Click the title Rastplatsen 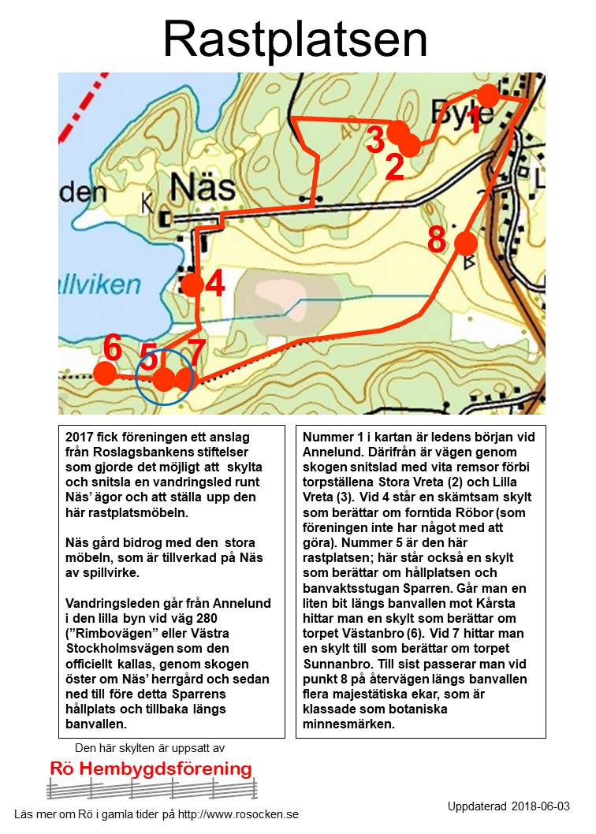tap(296, 39)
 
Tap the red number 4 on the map tap(215, 285)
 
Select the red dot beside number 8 tap(465, 244)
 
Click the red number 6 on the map tap(113, 347)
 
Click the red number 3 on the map tap(376, 140)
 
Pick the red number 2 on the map tap(394, 166)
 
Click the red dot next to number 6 tap(105, 373)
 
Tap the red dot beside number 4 tap(192, 285)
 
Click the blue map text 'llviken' tap(99, 284)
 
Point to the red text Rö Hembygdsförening tap(151, 769)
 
